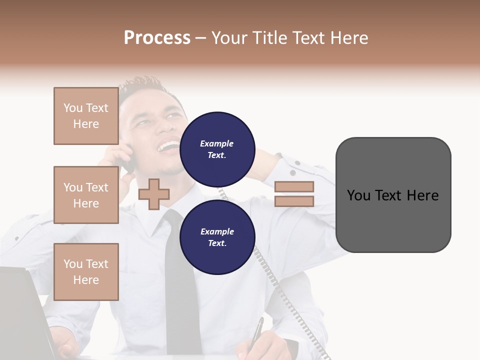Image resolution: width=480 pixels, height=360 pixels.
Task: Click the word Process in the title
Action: click(x=157, y=38)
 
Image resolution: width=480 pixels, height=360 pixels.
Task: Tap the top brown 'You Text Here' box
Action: click(x=86, y=116)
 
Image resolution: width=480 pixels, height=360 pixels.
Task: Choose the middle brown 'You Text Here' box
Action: click(x=86, y=195)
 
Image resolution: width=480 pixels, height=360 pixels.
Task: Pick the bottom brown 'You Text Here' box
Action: click(x=86, y=271)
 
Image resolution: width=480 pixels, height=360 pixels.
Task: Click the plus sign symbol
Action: click(x=153, y=194)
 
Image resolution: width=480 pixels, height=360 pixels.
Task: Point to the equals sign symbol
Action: click(x=294, y=194)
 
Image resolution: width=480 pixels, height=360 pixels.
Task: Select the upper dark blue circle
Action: click(x=217, y=149)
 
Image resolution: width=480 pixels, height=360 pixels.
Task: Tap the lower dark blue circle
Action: click(x=217, y=237)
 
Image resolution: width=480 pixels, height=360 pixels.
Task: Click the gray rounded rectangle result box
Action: click(x=393, y=195)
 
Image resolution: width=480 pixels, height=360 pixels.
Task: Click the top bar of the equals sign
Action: click(x=294, y=187)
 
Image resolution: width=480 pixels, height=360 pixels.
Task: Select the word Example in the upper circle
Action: click(x=216, y=143)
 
